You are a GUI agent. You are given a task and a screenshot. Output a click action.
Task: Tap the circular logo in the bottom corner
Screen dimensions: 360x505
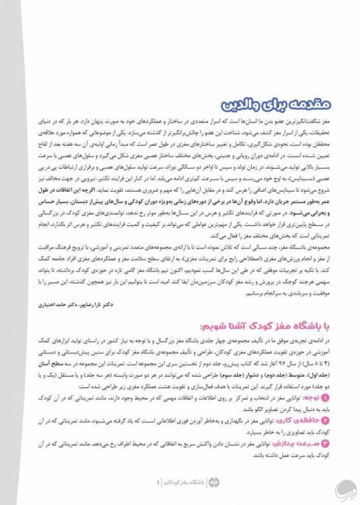(x=347, y=488)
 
